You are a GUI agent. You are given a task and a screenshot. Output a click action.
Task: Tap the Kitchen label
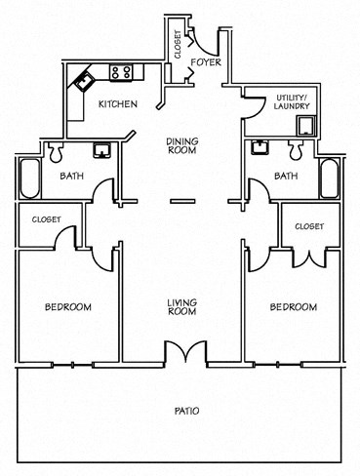point(116,103)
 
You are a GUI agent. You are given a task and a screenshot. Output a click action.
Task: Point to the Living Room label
point(180,306)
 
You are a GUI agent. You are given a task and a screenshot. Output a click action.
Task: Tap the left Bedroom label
point(68,307)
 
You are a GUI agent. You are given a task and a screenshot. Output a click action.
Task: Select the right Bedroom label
point(293,307)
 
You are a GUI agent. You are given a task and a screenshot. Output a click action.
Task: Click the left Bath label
point(71,177)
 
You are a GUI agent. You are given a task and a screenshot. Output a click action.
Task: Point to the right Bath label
point(285,177)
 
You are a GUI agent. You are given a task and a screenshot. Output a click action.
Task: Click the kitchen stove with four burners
point(121,71)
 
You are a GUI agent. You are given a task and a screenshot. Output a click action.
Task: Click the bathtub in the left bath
point(26,180)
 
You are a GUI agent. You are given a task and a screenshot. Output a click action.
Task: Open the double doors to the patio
point(180,353)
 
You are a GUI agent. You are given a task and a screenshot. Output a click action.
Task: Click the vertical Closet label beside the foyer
point(178,44)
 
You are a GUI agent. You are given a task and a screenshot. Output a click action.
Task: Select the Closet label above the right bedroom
point(309,226)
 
